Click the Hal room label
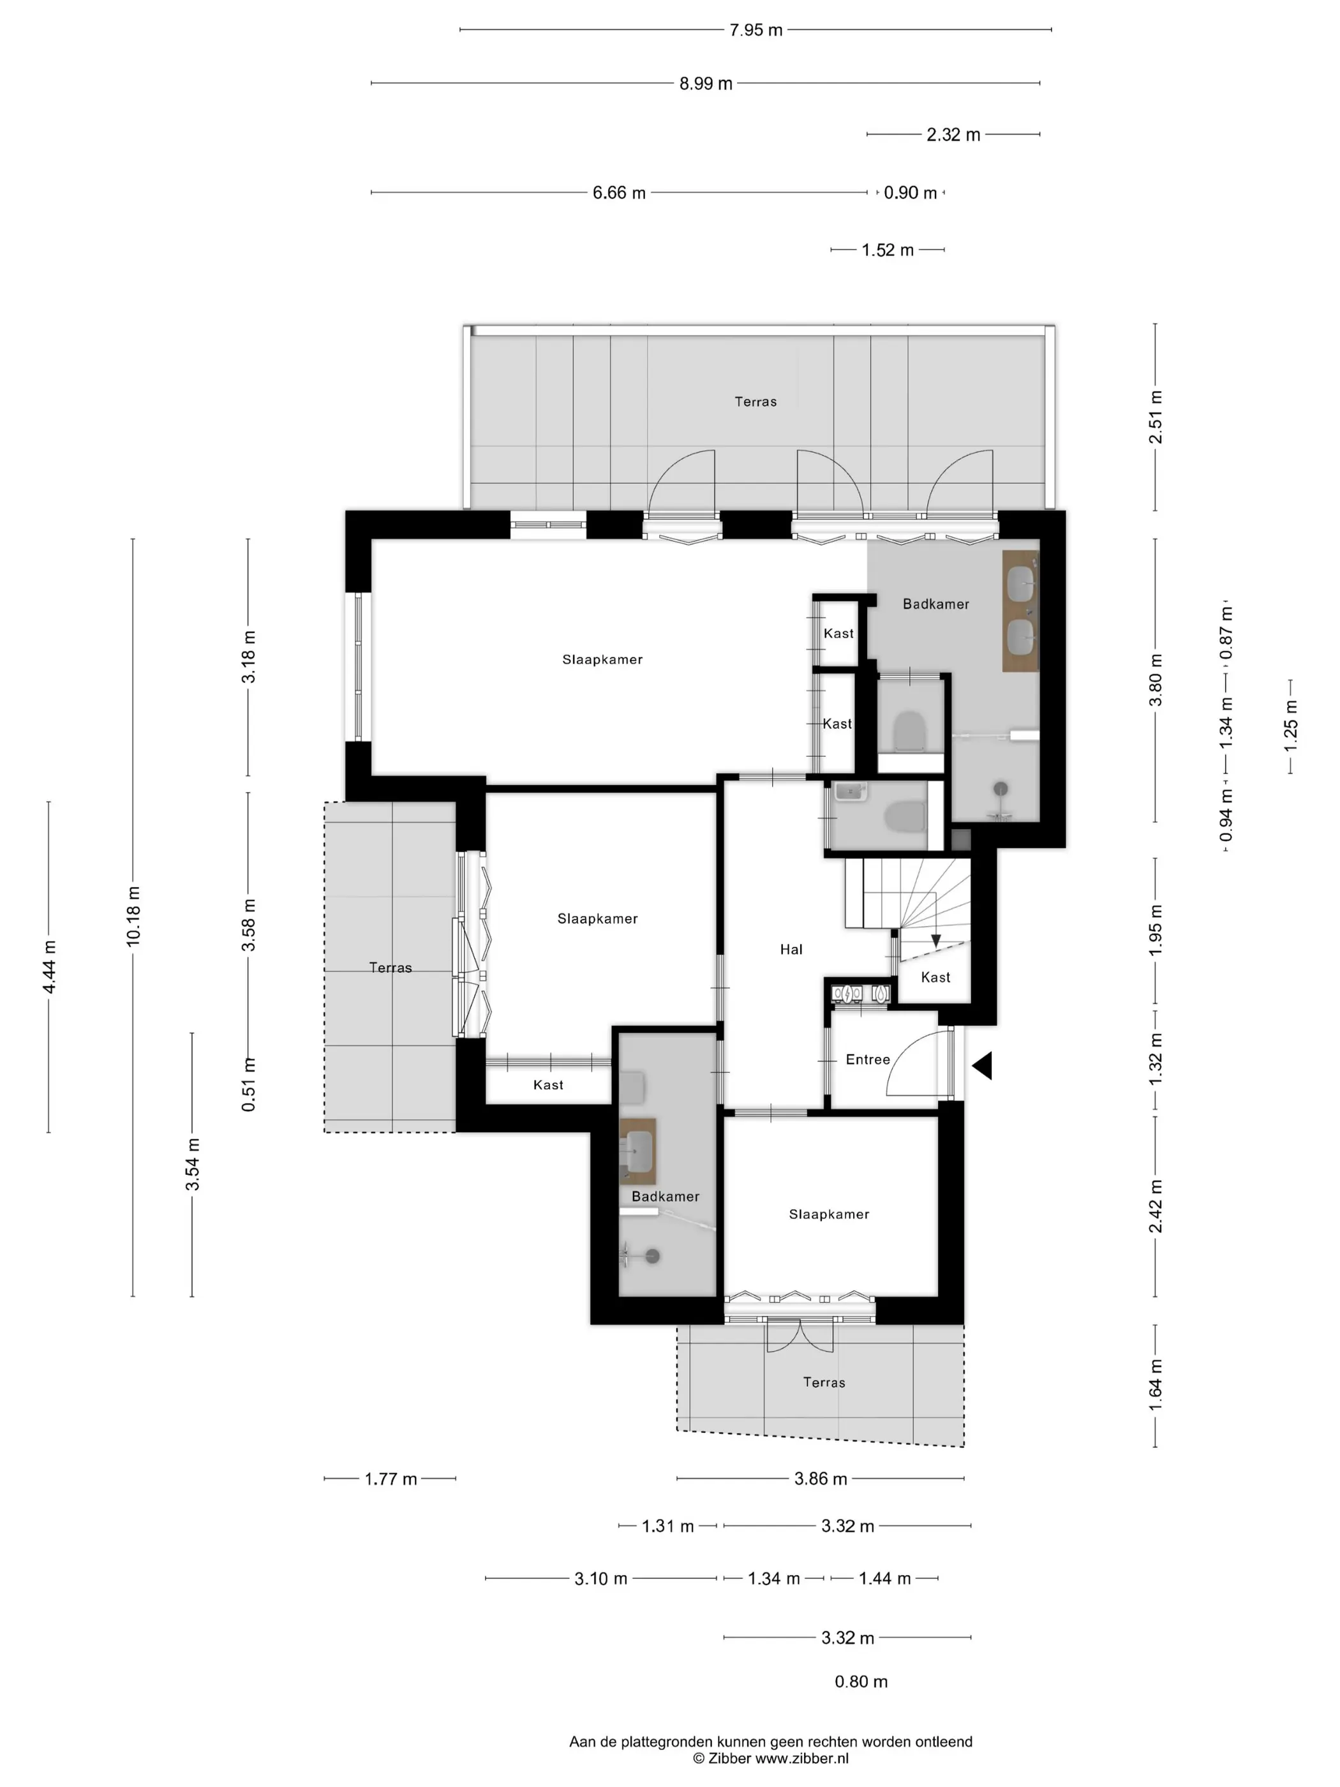click(791, 949)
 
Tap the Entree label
click(867, 1059)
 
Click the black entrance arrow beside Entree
click(981, 1066)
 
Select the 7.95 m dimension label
click(756, 30)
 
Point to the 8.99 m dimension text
click(706, 83)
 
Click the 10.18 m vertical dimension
click(133, 915)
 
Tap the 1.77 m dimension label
click(391, 1478)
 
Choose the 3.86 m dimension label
click(821, 1478)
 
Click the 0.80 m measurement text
click(861, 1681)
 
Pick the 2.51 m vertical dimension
click(1156, 417)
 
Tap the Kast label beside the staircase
click(935, 976)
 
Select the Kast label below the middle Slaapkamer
click(547, 1084)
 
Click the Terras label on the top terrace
click(756, 401)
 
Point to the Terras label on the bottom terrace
click(824, 1382)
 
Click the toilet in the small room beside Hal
click(905, 815)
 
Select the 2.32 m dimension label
click(953, 135)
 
